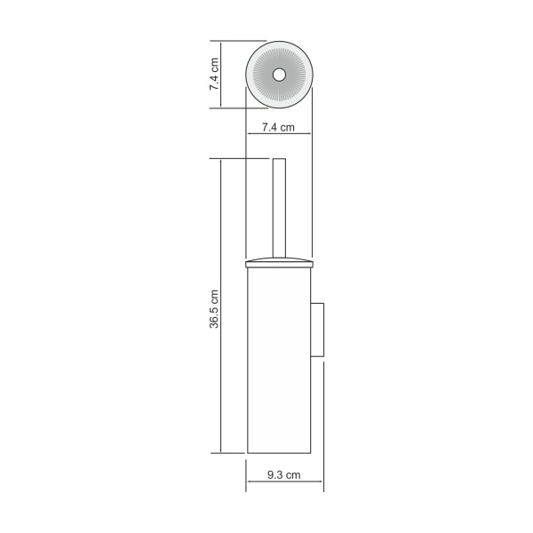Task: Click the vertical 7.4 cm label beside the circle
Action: (214, 75)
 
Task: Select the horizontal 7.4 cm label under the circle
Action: (278, 127)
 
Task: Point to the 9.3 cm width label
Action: (284, 475)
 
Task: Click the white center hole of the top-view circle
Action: (278, 75)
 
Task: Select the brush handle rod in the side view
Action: (278, 213)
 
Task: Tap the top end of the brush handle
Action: (278, 161)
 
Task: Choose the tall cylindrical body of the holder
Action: (278, 364)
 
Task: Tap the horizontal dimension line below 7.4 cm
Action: (278, 135)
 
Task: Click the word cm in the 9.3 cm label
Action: (294, 475)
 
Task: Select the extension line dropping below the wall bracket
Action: (323, 426)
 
